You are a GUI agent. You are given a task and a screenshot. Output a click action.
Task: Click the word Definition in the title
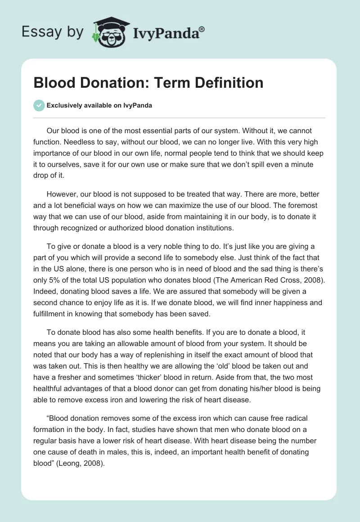[x=225, y=83]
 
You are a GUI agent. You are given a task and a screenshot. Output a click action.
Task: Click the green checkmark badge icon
[x=39, y=105]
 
